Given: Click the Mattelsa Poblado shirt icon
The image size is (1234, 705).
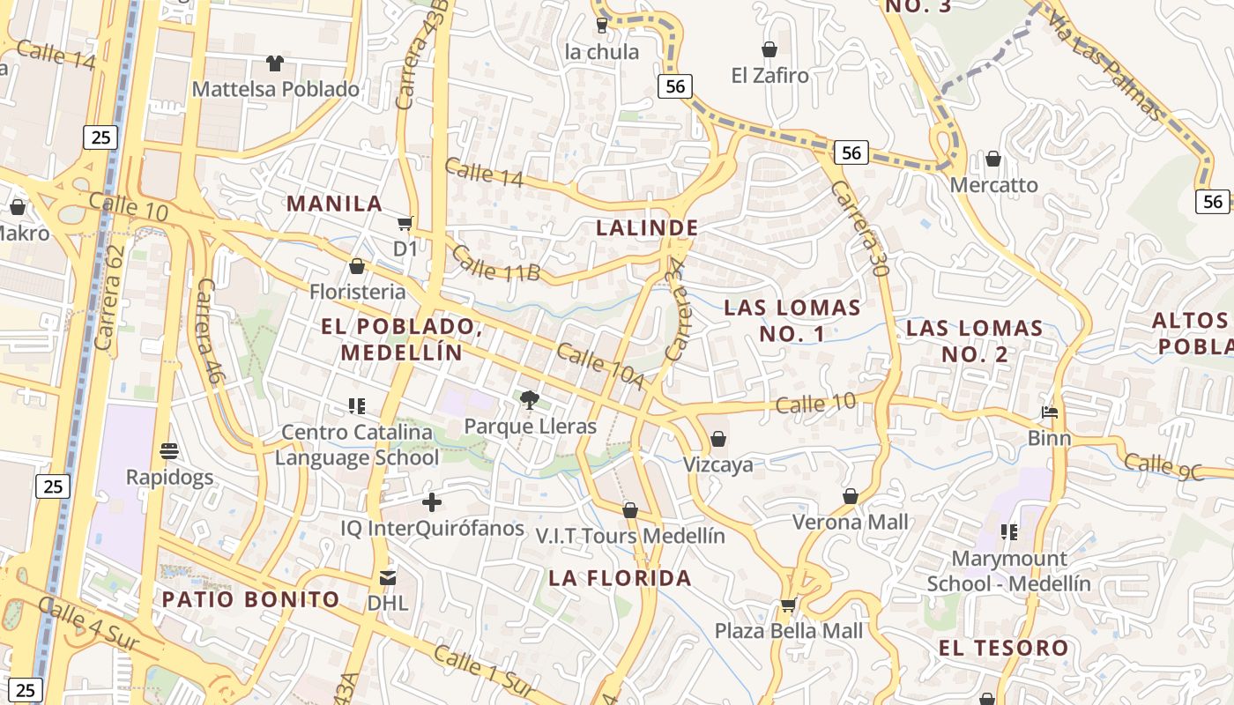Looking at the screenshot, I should (275, 63).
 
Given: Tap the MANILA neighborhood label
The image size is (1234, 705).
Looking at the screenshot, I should (334, 204).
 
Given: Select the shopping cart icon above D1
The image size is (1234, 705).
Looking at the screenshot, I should (405, 223).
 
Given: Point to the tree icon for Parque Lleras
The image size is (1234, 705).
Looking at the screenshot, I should (530, 401).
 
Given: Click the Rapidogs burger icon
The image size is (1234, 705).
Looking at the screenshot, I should (169, 451).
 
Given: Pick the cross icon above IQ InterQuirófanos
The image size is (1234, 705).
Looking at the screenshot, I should (431, 502).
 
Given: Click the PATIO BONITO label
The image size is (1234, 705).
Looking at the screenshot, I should (250, 599).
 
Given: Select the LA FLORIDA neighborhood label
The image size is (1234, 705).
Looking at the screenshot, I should (620, 578).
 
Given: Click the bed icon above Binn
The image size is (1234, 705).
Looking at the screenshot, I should (1049, 412).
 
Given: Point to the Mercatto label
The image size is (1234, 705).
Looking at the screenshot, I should (993, 185).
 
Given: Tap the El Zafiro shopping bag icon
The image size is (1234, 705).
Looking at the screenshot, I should (769, 49).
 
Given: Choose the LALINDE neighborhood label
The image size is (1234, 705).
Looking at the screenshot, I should (647, 227).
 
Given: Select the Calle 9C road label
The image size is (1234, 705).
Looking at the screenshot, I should (1176, 467).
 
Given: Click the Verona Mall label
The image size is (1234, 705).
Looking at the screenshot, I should (850, 522).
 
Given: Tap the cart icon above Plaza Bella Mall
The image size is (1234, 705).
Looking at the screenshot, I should (788, 605).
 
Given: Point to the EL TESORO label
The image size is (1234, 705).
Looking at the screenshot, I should (1003, 648).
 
